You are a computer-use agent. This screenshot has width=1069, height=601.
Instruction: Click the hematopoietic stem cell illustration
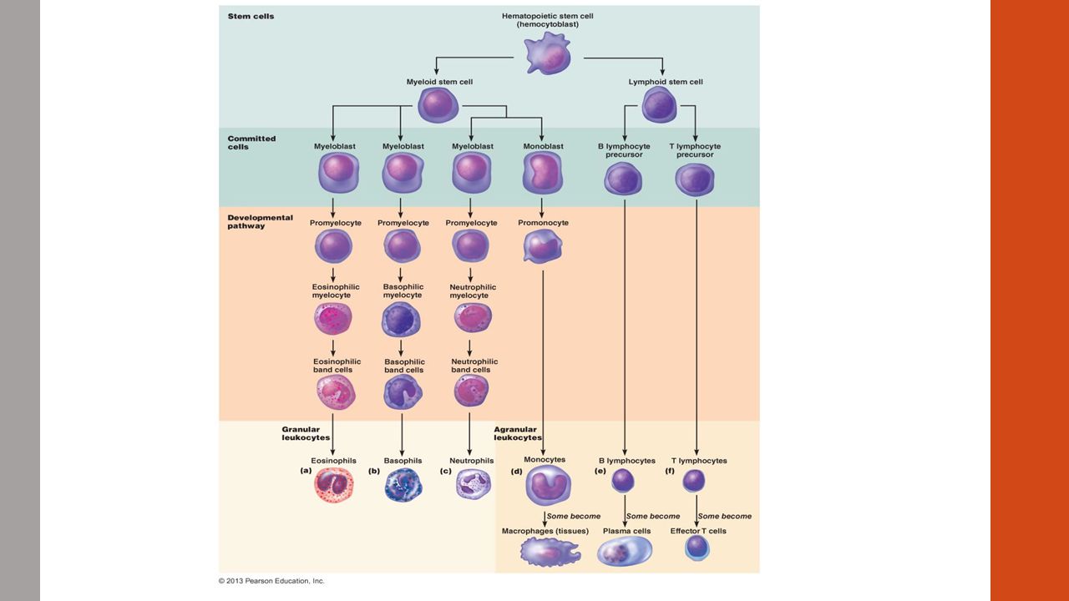point(547,53)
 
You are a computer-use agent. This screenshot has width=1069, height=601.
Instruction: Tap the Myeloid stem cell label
point(439,82)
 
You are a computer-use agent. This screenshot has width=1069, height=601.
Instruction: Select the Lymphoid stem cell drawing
point(659,105)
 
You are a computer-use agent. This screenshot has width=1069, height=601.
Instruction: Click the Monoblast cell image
point(543,173)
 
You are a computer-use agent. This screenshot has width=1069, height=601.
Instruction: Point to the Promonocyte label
point(543,223)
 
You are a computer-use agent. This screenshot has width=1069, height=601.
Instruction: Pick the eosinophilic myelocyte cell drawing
point(333,318)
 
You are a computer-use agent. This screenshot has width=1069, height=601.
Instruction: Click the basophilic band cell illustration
point(403,392)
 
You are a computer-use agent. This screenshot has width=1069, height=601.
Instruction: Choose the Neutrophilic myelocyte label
point(473,291)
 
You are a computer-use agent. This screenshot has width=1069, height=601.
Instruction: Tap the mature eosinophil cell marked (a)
point(334,485)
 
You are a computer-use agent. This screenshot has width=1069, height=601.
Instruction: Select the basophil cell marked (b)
point(403,485)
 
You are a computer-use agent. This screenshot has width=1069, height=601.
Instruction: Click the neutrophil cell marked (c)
point(473,484)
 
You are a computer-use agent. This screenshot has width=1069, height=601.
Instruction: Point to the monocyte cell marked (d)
point(548,485)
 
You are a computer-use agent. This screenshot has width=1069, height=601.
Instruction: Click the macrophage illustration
point(550,552)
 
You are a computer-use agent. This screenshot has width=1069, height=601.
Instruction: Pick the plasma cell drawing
point(625,550)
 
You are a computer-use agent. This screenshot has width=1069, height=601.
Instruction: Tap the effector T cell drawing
point(697,547)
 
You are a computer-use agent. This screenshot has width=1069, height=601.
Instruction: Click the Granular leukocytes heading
point(306,433)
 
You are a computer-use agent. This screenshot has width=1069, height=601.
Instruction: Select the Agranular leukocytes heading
point(518,433)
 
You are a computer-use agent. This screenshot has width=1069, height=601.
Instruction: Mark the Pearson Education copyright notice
point(271,581)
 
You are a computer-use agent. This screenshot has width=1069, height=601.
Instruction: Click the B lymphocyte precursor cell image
point(623,179)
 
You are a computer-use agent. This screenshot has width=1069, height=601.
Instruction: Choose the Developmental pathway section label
point(260,221)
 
